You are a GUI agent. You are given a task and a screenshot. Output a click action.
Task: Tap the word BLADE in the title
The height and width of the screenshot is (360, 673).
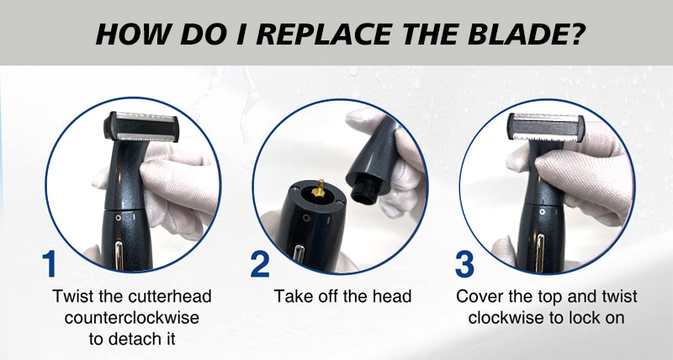(x=515, y=34)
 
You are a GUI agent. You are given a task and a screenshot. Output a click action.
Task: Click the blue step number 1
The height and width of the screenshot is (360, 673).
(x=50, y=264)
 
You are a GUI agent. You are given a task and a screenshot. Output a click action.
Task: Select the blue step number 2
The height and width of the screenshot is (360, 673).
(x=260, y=264)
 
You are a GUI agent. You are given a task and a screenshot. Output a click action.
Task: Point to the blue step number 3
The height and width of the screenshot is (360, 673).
(x=464, y=264)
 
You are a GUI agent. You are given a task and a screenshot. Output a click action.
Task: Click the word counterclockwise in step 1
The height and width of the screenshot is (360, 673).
(x=132, y=318)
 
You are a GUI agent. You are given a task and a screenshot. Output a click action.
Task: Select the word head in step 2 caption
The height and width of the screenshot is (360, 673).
(x=392, y=296)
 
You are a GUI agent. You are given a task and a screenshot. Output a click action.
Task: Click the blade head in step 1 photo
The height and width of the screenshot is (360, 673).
(x=141, y=127)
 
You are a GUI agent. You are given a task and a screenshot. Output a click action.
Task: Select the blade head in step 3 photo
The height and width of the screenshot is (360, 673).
(x=545, y=127)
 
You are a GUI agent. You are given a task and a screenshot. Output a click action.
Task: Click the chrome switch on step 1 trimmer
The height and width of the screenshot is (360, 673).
(x=119, y=256)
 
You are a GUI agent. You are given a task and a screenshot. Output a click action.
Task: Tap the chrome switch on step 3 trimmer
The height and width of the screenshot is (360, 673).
(x=540, y=247)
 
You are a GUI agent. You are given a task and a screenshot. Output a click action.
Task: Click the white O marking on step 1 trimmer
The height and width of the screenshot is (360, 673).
(x=118, y=218)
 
